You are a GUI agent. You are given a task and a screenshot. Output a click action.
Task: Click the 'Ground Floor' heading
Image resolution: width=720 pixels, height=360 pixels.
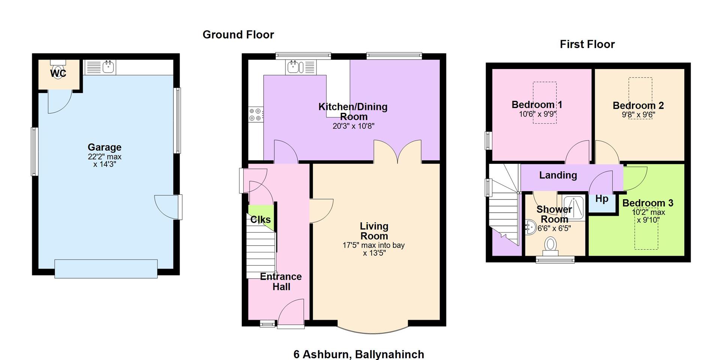point(238,35)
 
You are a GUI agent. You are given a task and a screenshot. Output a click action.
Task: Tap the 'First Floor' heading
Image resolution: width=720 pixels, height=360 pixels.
point(587,45)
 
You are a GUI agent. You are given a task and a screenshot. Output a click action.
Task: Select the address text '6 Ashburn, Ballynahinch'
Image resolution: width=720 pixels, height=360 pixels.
point(359,354)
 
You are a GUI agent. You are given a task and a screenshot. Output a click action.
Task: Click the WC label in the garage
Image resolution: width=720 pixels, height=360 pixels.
point(58,73)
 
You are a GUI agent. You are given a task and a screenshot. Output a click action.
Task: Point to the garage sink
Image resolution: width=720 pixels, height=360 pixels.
point(108,67)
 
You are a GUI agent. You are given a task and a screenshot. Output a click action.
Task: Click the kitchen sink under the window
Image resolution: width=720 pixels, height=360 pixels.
point(294,67)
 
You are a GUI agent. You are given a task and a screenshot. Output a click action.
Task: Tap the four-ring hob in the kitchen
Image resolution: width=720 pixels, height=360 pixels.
point(255,114)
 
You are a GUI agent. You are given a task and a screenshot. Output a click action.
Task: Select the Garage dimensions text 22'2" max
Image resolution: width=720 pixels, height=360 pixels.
point(105,157)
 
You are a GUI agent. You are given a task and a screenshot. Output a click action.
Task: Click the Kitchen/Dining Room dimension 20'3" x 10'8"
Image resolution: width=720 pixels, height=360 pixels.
point(353,126)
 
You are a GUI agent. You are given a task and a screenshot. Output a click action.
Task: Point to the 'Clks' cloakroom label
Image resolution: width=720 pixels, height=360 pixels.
point(260,219)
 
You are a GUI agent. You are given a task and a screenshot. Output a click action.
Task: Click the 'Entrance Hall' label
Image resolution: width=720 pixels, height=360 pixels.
point(281,282)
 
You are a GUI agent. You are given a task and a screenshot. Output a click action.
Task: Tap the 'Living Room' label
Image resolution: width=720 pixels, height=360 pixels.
point(374,231)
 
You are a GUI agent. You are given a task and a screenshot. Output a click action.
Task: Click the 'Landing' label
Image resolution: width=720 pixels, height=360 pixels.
point(558,175)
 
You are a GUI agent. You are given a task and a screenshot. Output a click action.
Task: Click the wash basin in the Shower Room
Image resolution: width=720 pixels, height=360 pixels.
point(531,227)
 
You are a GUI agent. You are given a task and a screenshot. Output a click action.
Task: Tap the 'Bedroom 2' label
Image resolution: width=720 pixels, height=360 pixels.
point(638,106)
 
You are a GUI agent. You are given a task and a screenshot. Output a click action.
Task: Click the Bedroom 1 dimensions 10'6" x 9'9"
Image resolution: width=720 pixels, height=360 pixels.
point(537,114)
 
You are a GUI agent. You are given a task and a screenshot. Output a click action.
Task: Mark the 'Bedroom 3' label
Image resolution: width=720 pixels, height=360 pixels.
point(648,203)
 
